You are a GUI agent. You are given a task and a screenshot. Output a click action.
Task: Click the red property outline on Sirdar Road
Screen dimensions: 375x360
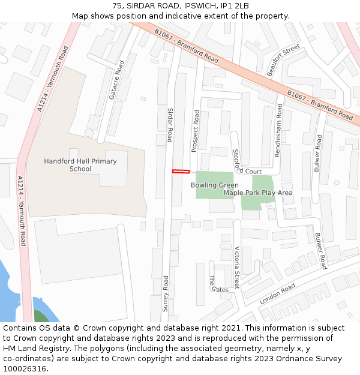pos(181,172)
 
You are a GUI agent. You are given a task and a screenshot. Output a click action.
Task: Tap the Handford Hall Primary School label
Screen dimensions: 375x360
pos(80,165)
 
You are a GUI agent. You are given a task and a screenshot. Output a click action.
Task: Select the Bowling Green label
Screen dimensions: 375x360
pos(215,185)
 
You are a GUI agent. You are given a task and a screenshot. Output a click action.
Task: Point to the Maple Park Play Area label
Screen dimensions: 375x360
pos(258,193)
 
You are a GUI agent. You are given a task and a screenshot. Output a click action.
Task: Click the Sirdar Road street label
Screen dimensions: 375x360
pos(170,125)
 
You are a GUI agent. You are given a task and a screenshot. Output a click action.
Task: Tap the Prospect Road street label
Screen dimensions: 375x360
pos(194,131)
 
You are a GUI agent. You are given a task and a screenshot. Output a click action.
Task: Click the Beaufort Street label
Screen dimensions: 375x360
pos(283,60)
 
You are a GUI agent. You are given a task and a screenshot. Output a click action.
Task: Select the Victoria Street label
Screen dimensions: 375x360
pos(237,268)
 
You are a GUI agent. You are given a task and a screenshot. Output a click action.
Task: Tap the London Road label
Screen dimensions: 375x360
pos(277,293)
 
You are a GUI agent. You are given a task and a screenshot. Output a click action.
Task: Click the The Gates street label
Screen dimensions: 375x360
pos(216,285)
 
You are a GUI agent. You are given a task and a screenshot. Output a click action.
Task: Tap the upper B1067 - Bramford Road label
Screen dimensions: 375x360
pos(186,46)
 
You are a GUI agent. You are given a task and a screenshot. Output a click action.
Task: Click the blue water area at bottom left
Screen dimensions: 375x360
pos(9,300)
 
